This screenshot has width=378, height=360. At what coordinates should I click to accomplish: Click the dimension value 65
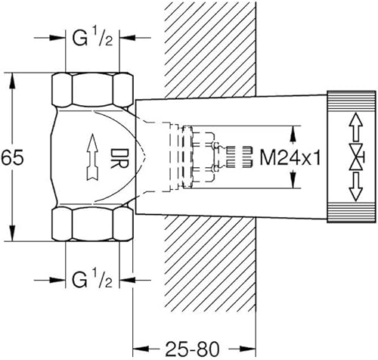tap(12, 157)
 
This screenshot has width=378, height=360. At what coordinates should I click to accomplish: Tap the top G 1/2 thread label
tap(92, 37)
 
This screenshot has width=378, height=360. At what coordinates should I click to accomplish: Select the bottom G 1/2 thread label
tap(92, 279)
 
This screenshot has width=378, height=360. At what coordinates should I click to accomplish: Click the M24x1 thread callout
tap(290, 158)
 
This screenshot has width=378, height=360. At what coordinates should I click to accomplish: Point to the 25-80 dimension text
tap(193, 349)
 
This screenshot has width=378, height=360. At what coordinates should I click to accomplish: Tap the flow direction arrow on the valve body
tap(92, 157)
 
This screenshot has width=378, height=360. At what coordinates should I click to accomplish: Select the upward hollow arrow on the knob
tap(355, 126)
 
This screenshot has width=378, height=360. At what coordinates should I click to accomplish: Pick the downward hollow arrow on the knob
tap(355, 187)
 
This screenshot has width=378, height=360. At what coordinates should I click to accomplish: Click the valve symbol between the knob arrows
tap(357, 157)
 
